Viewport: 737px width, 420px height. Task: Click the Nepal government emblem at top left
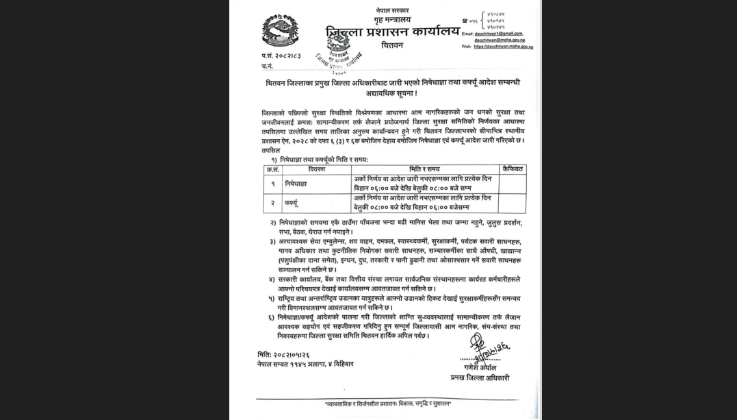coord(280,31)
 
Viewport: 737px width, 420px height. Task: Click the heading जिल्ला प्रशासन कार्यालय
coord(392,32)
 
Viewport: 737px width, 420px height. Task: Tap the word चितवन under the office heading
coord(392,46)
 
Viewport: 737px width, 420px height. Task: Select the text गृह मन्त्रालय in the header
coord(392,21)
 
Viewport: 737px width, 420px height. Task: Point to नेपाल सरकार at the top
coord(392,10)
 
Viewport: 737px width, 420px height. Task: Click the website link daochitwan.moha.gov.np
coord(503,47)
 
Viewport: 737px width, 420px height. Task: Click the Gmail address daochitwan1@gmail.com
coord(499,33)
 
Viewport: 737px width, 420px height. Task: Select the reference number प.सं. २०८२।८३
coord(281,55)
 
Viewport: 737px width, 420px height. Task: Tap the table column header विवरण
coord(316,169)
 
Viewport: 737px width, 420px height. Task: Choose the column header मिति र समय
coord(424,169)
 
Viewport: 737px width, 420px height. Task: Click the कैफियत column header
coord(512,169)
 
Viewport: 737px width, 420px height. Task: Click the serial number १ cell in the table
coord(273,184)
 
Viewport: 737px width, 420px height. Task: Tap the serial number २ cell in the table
coord(273,203)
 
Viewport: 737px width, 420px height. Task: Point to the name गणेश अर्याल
coord(479,368)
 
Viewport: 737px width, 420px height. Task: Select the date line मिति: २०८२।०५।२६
coord(284,354)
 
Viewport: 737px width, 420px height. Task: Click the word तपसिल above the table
coord(270,150)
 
